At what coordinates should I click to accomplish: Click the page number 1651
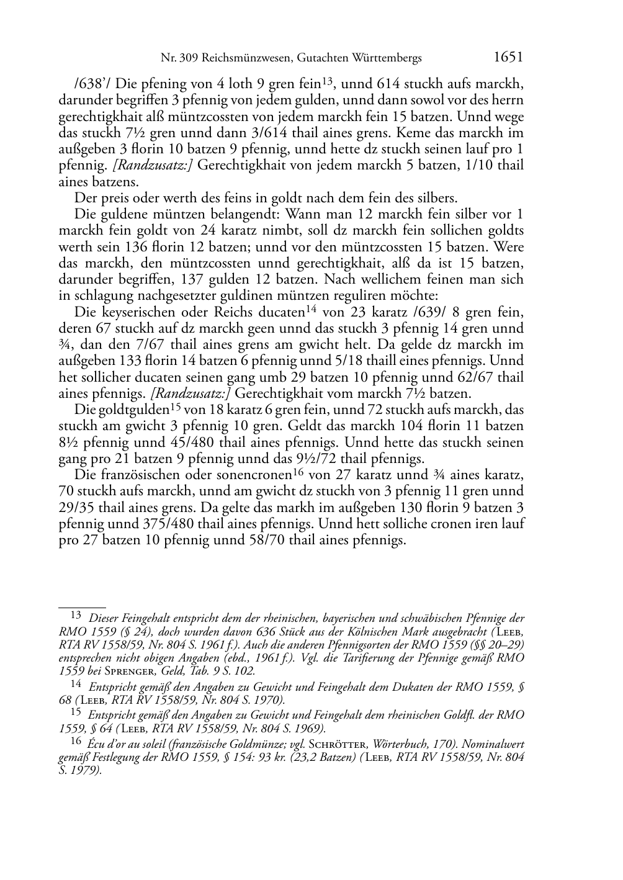point(509,58)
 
